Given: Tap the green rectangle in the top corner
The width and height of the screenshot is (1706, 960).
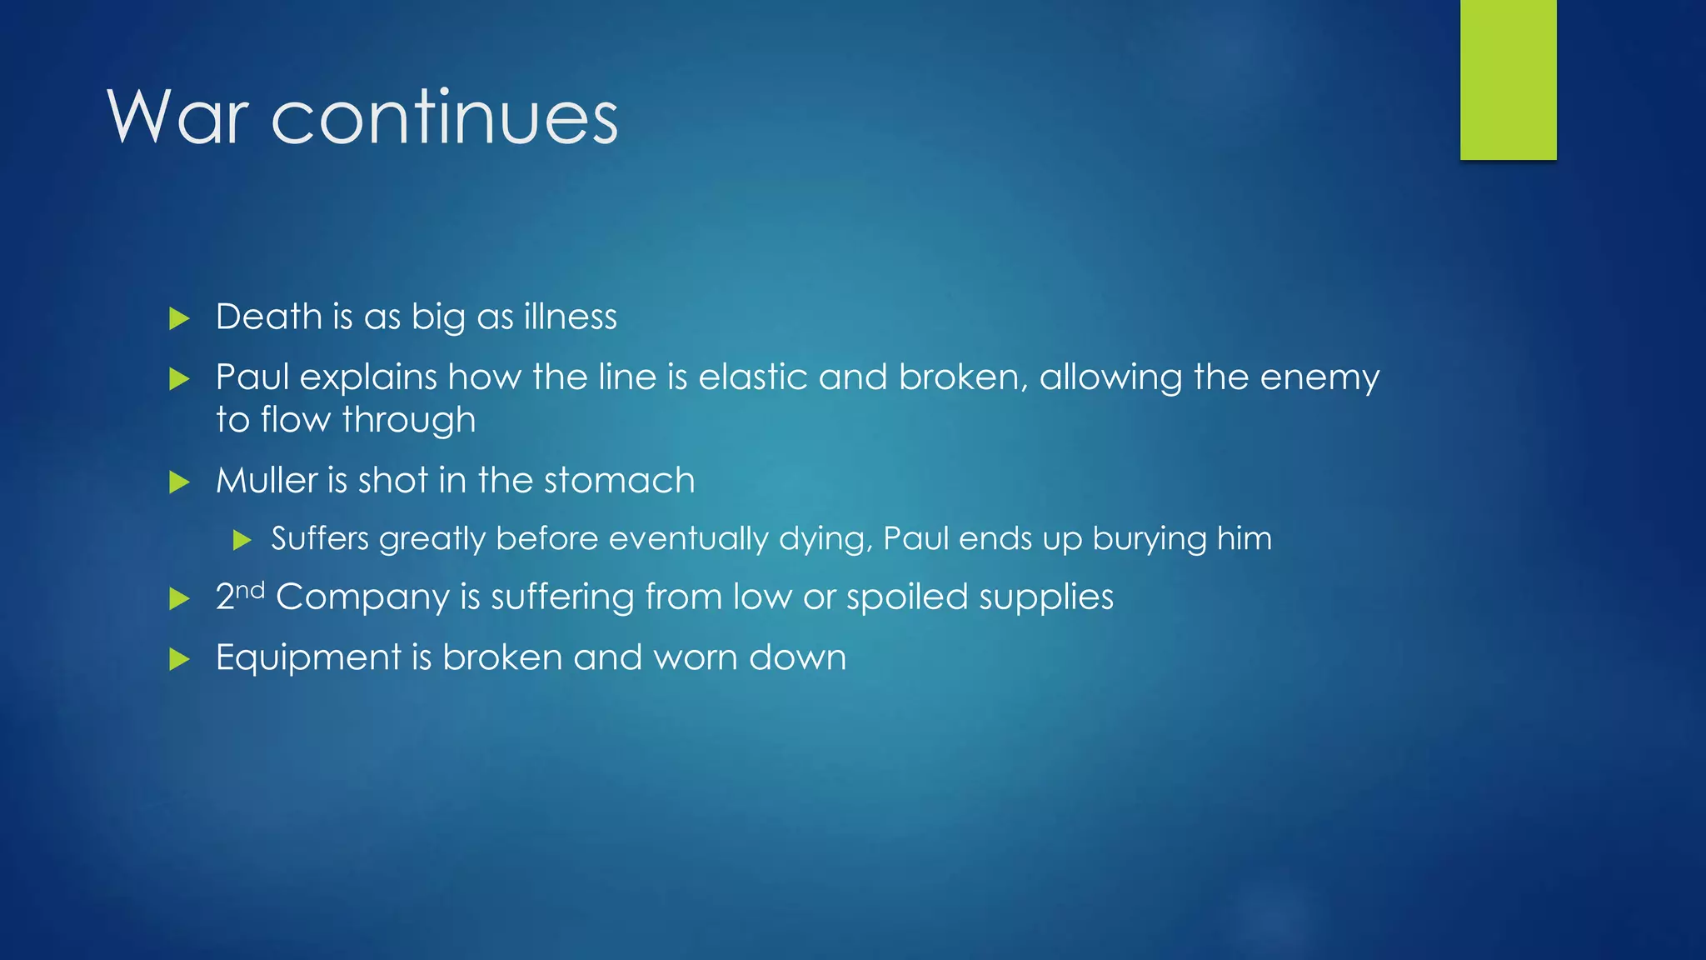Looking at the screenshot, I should click(1508, 79).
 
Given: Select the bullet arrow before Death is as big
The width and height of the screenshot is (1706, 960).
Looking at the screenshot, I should click(179, 318).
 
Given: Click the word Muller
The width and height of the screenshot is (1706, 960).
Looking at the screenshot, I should click(266, 481).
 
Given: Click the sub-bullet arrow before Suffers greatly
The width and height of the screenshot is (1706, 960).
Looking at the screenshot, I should click(242, 540).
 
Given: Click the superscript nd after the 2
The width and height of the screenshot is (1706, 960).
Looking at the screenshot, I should click(250, 591).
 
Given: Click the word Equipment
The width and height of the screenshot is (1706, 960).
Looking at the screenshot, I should click(308, 658).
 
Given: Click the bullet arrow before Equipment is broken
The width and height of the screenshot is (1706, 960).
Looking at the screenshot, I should click(179, 660).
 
